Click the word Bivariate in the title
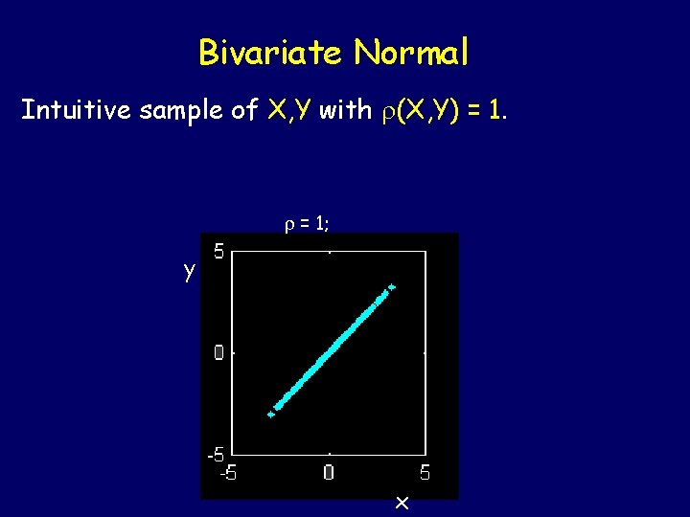coord(269,53)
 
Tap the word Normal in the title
coord(411,53)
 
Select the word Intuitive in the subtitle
coord(77,111)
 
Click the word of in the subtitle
coord(244,111)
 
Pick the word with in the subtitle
coord(345,111)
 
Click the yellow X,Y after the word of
coord(288,111)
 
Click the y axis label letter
coord(190,271)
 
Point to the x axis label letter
coord(402,502)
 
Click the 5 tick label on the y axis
coord(219,253)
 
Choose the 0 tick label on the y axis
coord(219,352)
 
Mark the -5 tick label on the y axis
coord(217,454)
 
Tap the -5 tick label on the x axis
coord(230,472)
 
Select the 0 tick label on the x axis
coord(329,472)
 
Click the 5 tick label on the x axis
coord(425,472)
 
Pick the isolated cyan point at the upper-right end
coord(391,286)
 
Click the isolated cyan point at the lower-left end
coord(271,414)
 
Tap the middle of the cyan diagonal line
coord(330,351)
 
